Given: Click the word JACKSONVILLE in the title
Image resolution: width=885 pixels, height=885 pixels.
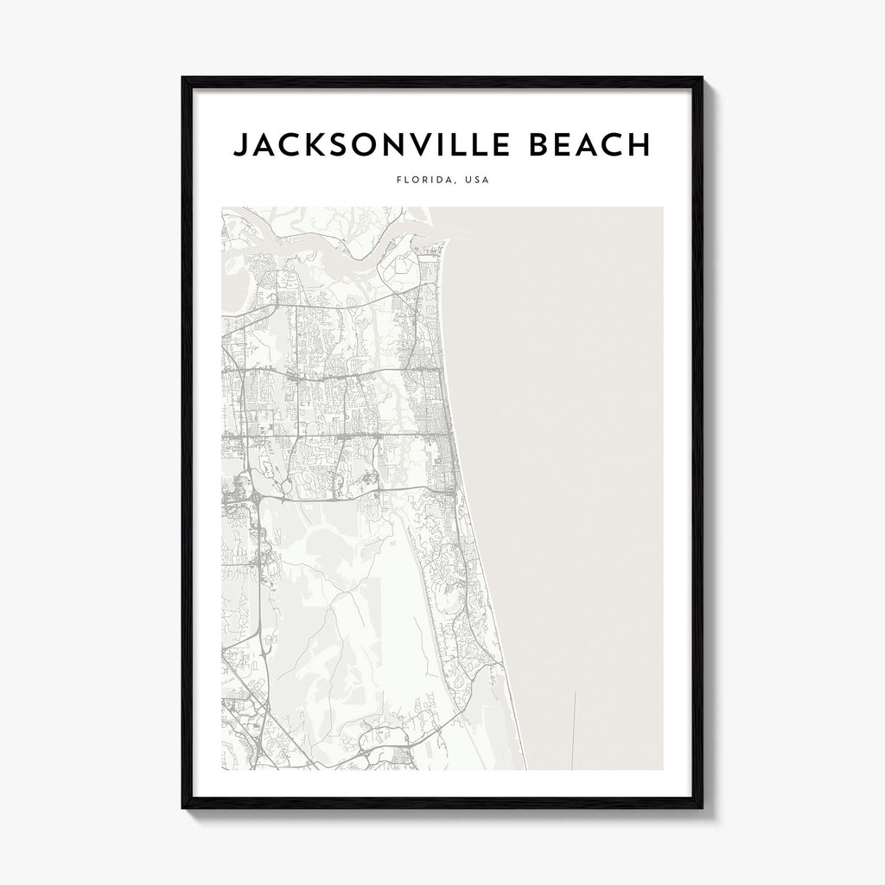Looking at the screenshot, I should (364, 145).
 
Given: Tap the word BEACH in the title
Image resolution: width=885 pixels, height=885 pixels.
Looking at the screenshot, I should (578, 145).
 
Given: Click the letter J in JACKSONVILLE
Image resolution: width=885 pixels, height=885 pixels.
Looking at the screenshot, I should (239, 145).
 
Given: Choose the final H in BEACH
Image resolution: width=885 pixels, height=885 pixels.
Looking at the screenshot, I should (639, 145).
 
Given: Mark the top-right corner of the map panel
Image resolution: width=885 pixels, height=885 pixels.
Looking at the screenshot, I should (664, 207).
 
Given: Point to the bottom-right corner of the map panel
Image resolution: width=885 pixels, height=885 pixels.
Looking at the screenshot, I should (664, 769).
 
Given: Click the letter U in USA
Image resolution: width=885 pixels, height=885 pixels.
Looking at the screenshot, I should (468, 181).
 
